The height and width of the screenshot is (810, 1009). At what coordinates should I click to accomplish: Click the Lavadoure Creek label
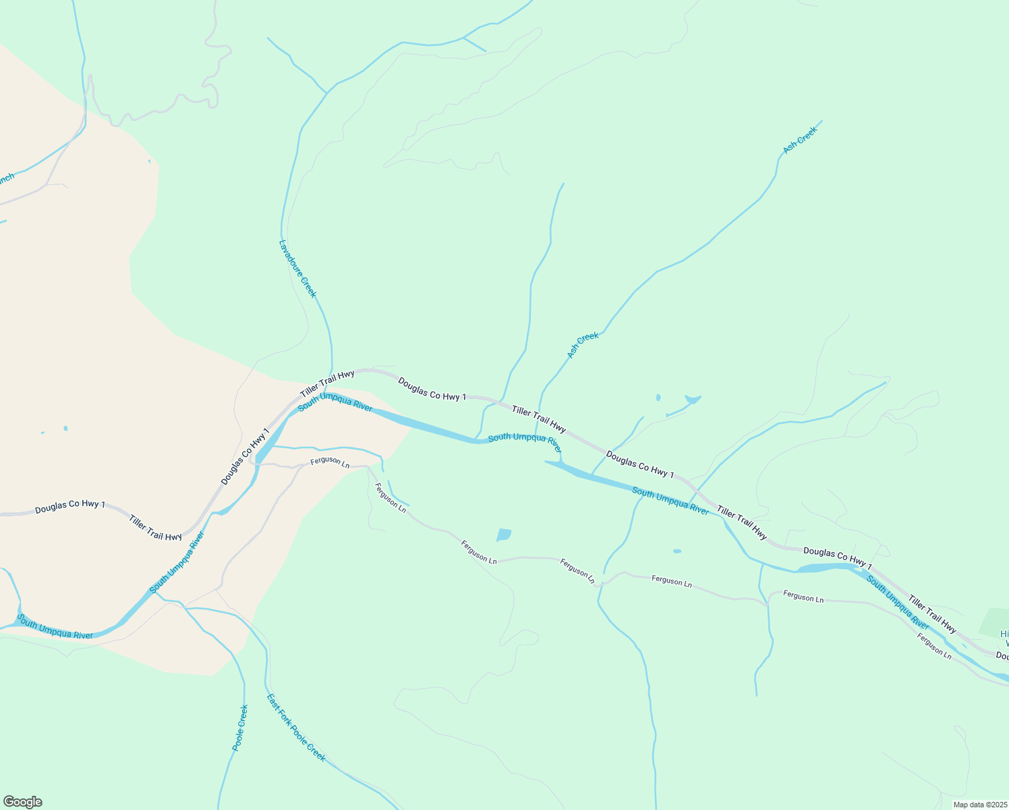(x=297, y=268)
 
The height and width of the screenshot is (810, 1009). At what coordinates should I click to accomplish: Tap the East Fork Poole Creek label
(x=296, y=728)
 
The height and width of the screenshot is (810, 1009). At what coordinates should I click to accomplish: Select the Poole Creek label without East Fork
(x=240, y=728)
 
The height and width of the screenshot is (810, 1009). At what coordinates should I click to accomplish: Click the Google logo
(x=22, y=802)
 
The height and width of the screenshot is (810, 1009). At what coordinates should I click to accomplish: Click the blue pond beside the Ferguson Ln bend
(x=504, y=535)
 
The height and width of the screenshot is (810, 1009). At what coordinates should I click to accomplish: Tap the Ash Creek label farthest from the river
(x=800, y=140)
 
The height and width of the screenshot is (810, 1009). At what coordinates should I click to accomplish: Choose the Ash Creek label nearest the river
(x=583, y=345)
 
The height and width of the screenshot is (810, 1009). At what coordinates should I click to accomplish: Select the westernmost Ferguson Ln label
(x=330, y=463)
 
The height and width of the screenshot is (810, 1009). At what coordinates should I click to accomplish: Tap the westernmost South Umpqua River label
(x=55, y=627)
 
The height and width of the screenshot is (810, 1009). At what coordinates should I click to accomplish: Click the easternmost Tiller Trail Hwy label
(x=932, y=614)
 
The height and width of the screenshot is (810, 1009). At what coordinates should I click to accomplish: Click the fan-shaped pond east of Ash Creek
(x=693, y=399)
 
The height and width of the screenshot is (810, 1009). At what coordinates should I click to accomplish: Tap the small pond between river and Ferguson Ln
(x=677, y=551)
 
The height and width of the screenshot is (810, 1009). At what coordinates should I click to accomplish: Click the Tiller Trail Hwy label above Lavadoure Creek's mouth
(x=327, y=383)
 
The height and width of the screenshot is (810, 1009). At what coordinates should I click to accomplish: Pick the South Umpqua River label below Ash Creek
(x=525, y=441)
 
